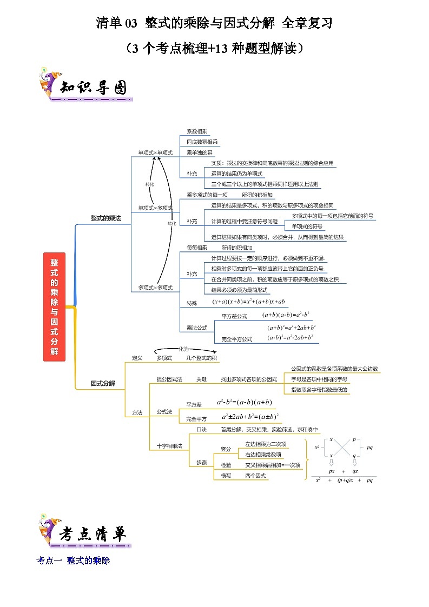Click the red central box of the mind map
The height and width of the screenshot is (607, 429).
(x=54, y=306)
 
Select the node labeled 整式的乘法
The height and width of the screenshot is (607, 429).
(x=105, y=218)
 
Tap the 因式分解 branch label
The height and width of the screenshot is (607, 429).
(x=103, y=383)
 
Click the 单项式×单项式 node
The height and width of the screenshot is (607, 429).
(x=155, y=153)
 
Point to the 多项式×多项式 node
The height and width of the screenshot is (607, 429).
(x=155, y=288)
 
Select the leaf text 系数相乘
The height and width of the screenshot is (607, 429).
(x=196, y=131)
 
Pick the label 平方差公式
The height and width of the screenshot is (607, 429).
(x=234, y=316)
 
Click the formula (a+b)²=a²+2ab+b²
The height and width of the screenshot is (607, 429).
(x=292, y=328)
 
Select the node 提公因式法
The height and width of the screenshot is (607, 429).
(x=169, y=379)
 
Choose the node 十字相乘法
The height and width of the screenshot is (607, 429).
(x=169, y=446)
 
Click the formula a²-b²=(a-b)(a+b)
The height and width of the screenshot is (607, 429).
(x=244, y=402)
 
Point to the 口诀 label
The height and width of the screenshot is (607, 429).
(x=201, y=429)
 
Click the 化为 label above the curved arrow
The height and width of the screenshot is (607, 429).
(x=184, y=350)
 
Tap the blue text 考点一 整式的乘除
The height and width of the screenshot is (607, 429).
(x=73, y=561)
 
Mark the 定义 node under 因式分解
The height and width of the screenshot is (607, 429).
(x=137, y=358)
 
